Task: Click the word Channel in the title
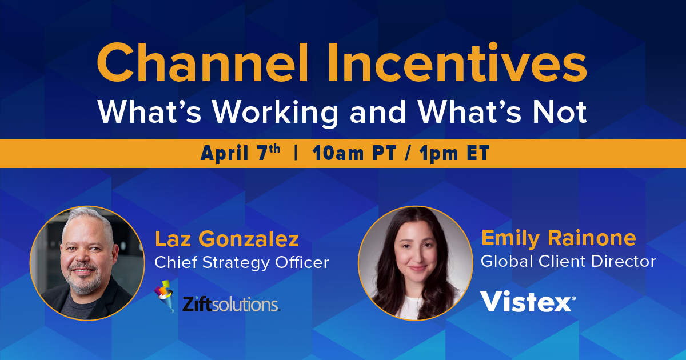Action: point(202,63)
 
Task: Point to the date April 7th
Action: point(240,153)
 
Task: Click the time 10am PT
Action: point(354,153)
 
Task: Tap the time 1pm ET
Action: point(454,153)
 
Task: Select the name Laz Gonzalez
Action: point(226,239)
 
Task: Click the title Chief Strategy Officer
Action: point(242,263)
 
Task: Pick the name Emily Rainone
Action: point(559,238)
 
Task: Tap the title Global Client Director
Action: point(568,261)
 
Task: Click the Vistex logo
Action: point(528,301)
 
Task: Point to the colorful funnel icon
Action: point(165,296)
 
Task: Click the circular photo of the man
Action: point(87,263)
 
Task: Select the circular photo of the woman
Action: point(415,263)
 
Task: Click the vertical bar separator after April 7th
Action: point(296,153)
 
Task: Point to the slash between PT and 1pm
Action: point(408,153)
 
